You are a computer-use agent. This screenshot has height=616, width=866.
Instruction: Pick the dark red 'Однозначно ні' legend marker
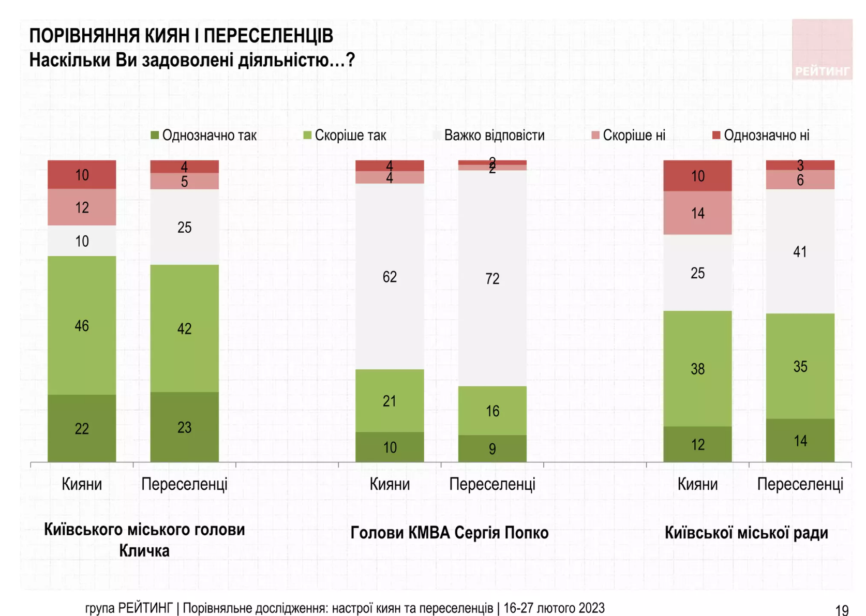pyautogui.click(x=716, y=136)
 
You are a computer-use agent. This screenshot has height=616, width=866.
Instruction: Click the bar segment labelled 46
pyautogui.click(x=82, y=325)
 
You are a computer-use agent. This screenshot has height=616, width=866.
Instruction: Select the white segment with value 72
pyautogui.click(x=492, y=278)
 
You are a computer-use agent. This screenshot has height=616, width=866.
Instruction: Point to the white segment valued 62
pyautogui.click(x=390, y=277)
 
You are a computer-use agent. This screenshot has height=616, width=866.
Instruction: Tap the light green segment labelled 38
pyautogui.click(x=697, y=368)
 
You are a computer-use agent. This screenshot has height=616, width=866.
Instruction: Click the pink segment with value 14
pyautogui.click(x=697, y=213)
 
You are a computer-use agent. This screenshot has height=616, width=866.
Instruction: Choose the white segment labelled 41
pyautogui.click(x=800, y=251)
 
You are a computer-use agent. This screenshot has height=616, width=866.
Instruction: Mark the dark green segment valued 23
pyautogui.click(x=184, y=427)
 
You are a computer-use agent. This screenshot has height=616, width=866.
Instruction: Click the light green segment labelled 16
pyautogui.click(x=492, y=411)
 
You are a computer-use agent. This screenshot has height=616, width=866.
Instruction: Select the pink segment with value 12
pyautogui.click(x=82, y=207)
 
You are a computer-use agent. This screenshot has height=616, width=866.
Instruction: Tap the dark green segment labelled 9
pyautogui.click(x=492, y=448)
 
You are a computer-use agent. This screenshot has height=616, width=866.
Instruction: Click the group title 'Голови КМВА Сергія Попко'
pyautogui.click(x=449, y=533)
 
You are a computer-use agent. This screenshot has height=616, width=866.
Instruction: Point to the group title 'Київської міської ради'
pyautogui.click(x=746, y=533)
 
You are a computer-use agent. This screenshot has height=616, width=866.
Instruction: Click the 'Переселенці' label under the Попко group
pyautogui.click(x=492, y=485)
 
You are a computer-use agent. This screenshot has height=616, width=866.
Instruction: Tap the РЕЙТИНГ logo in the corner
pyautogui.click(x=822, y=50)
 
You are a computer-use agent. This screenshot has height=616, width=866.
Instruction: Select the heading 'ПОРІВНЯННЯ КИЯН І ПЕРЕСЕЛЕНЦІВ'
pyautogui.click(x=181, y=36)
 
